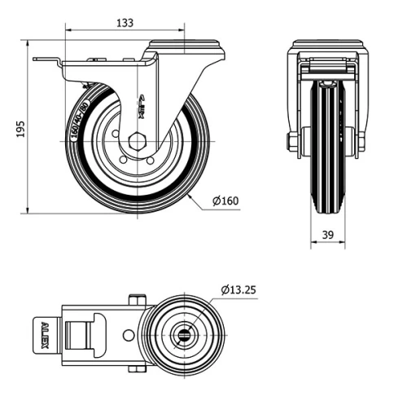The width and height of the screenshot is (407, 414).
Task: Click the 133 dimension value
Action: pos(125,24)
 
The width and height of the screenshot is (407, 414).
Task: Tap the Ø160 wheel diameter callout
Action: pos(225,201)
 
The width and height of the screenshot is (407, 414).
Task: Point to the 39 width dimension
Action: pos(327,235)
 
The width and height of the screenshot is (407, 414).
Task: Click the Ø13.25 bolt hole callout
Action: pos(239,289)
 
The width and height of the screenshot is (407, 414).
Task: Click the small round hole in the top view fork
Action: pos(129,335)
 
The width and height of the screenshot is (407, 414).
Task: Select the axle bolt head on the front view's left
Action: pos(291,142)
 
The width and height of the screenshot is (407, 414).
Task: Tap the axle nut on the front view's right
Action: pos(361,142)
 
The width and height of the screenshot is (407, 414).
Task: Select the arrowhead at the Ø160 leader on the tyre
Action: pos(189,196)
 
